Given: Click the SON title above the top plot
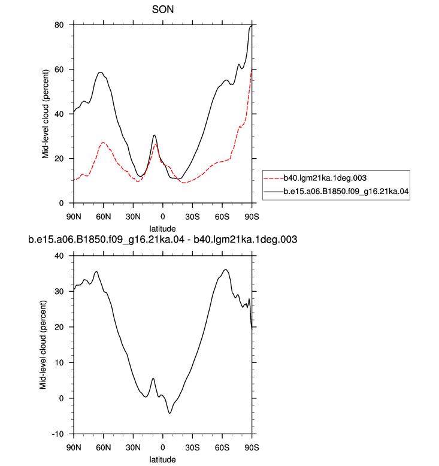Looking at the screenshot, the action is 162,10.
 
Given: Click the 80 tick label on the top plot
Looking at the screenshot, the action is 59,25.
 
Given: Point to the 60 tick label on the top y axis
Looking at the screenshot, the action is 59,69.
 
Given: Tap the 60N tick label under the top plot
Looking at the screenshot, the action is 103,217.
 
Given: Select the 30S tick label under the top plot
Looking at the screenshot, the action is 192,217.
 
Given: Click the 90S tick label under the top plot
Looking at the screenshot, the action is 252,217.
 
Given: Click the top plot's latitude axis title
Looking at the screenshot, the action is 162,229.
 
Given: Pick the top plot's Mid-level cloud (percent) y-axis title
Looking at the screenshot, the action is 45,114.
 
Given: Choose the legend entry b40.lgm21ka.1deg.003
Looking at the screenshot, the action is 325,178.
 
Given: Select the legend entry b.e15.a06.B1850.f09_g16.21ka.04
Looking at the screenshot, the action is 346,192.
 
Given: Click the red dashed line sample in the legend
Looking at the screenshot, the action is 274,178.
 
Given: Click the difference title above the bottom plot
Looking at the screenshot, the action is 162,240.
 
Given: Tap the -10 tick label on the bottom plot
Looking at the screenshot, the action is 58,434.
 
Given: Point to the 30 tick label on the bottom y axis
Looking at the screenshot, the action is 59,292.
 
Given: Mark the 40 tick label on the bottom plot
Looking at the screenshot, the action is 59,256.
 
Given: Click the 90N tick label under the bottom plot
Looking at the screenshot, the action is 74,447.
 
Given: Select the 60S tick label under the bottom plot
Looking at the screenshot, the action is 222,447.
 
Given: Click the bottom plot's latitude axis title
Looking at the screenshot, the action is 162,459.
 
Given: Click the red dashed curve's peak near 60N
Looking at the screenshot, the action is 103,143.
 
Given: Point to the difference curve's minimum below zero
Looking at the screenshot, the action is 169,413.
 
